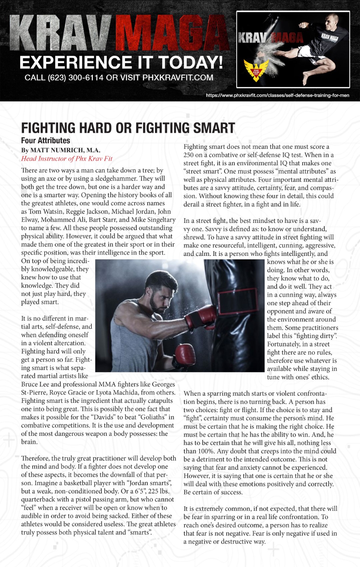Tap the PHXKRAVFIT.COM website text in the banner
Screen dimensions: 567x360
(178, 78)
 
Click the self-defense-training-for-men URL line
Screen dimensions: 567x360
(277, 96)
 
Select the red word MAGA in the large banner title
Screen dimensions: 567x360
(172, 33)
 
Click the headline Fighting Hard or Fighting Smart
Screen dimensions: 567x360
(128, 128)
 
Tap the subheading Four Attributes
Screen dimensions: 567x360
(46, 141)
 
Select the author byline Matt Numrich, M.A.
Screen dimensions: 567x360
(61, 150)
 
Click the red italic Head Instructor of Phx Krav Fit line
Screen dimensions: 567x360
(67, 159)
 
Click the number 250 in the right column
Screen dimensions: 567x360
(189, 155)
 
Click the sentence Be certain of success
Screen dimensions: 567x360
(213, 492)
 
